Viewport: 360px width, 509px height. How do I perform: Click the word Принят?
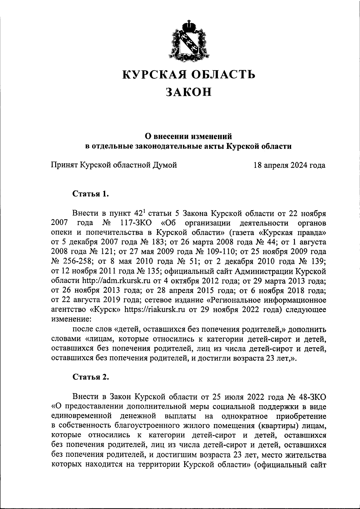[x=64, y=165]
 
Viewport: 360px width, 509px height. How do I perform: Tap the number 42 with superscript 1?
[x=140, y=213]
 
